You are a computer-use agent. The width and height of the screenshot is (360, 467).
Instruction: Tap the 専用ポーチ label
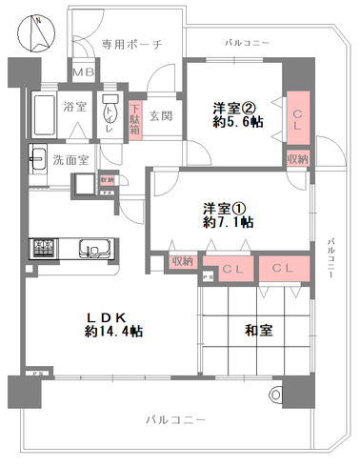coord(130,44)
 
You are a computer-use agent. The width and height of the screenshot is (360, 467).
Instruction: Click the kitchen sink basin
coord(97,252)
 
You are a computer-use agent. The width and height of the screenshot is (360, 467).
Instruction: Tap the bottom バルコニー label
coord(176,419)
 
